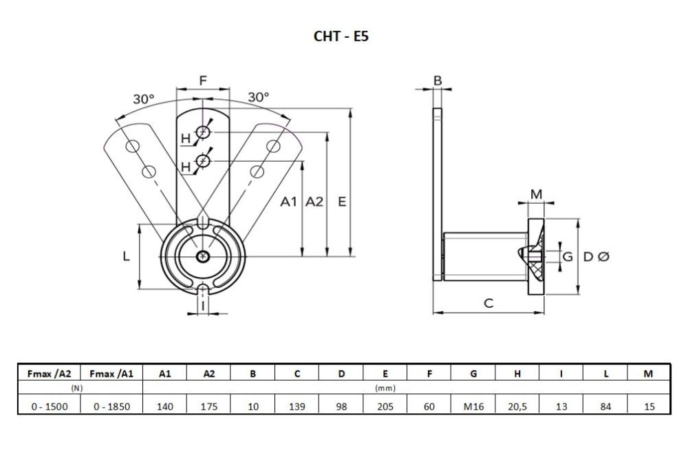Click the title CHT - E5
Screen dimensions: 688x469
click(x=341, y=36)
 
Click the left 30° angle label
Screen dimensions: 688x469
click(x=144, y=98)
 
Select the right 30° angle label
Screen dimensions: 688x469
click(x=259, y=97)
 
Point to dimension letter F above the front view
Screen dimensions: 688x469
click(x=203, y=81)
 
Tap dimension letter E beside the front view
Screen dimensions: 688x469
click(x=342, y=202)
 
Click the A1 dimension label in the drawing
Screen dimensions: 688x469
click(x=289, y=202)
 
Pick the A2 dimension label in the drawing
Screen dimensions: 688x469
click(x=314, y=202)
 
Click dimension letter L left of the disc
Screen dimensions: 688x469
click(x=127, y=256)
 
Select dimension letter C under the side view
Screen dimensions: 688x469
click(x=488, y=303)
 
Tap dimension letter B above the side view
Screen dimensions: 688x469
click(x=438, y=81)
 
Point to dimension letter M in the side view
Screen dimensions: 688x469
click(x=536, y=194)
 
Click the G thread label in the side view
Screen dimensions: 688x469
click(x=568, y=256)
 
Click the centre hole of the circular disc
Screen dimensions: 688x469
click(x=202, y=256)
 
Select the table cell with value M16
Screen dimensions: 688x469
click(x=473, y=406)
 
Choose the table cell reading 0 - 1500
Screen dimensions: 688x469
click(x=50, y=406)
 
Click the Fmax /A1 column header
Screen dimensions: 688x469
click(x=111, y=374)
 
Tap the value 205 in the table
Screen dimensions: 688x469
click(x=385, y=406)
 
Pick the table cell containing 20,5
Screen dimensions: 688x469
click(x=517, y=406)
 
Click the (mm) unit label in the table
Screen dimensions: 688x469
click(x=385, y=388)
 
